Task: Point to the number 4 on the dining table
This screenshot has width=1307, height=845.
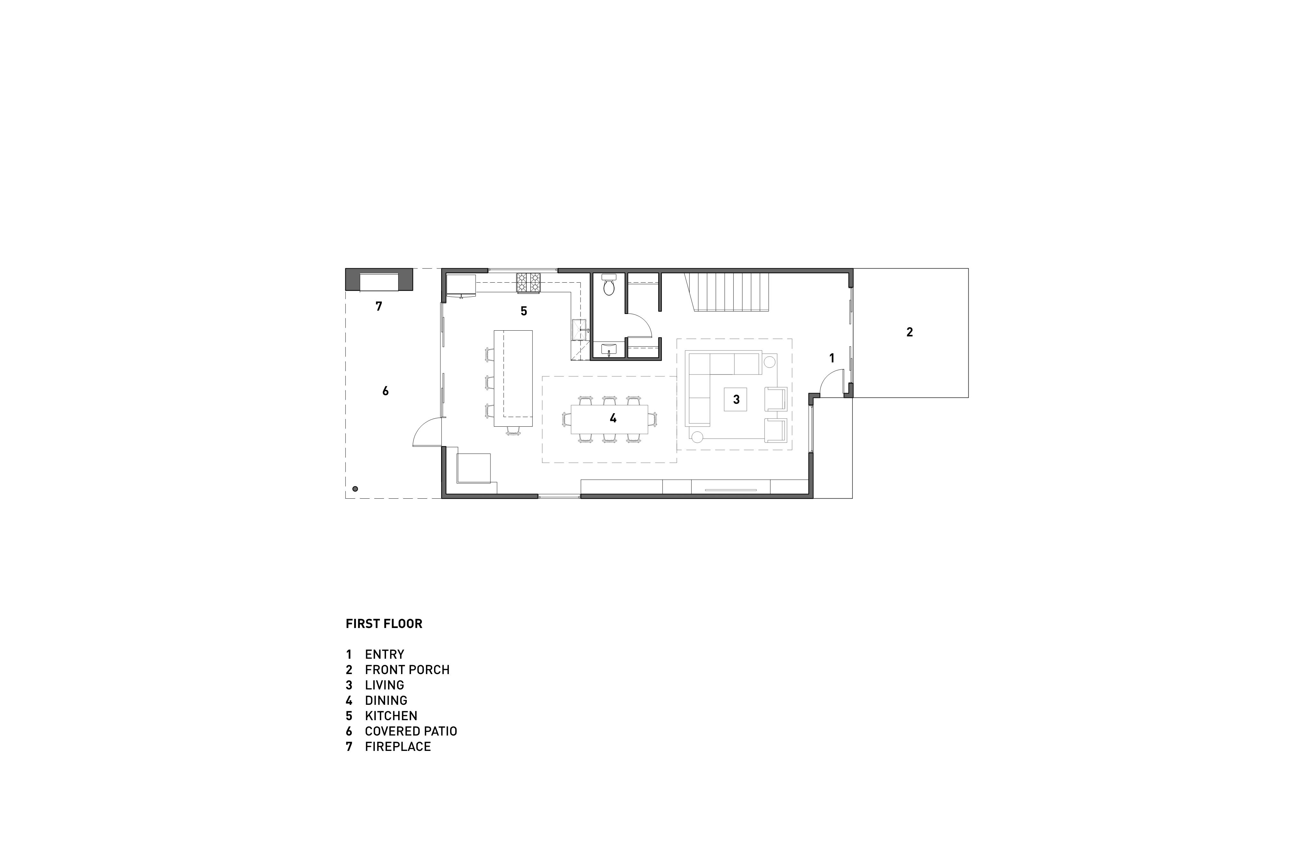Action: pos(613,419)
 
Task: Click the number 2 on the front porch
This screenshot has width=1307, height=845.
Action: pos(909,332)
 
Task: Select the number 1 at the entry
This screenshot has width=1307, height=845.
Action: pos(831,358)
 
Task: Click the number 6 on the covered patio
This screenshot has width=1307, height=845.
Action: pos(385,391)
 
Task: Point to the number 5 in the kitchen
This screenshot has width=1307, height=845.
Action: pos(524,311)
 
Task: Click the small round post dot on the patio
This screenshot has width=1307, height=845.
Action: pos(355,488)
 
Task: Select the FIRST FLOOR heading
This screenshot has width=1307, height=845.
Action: pos(384,624)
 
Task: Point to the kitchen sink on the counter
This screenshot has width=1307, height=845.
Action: pos(580,329)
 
